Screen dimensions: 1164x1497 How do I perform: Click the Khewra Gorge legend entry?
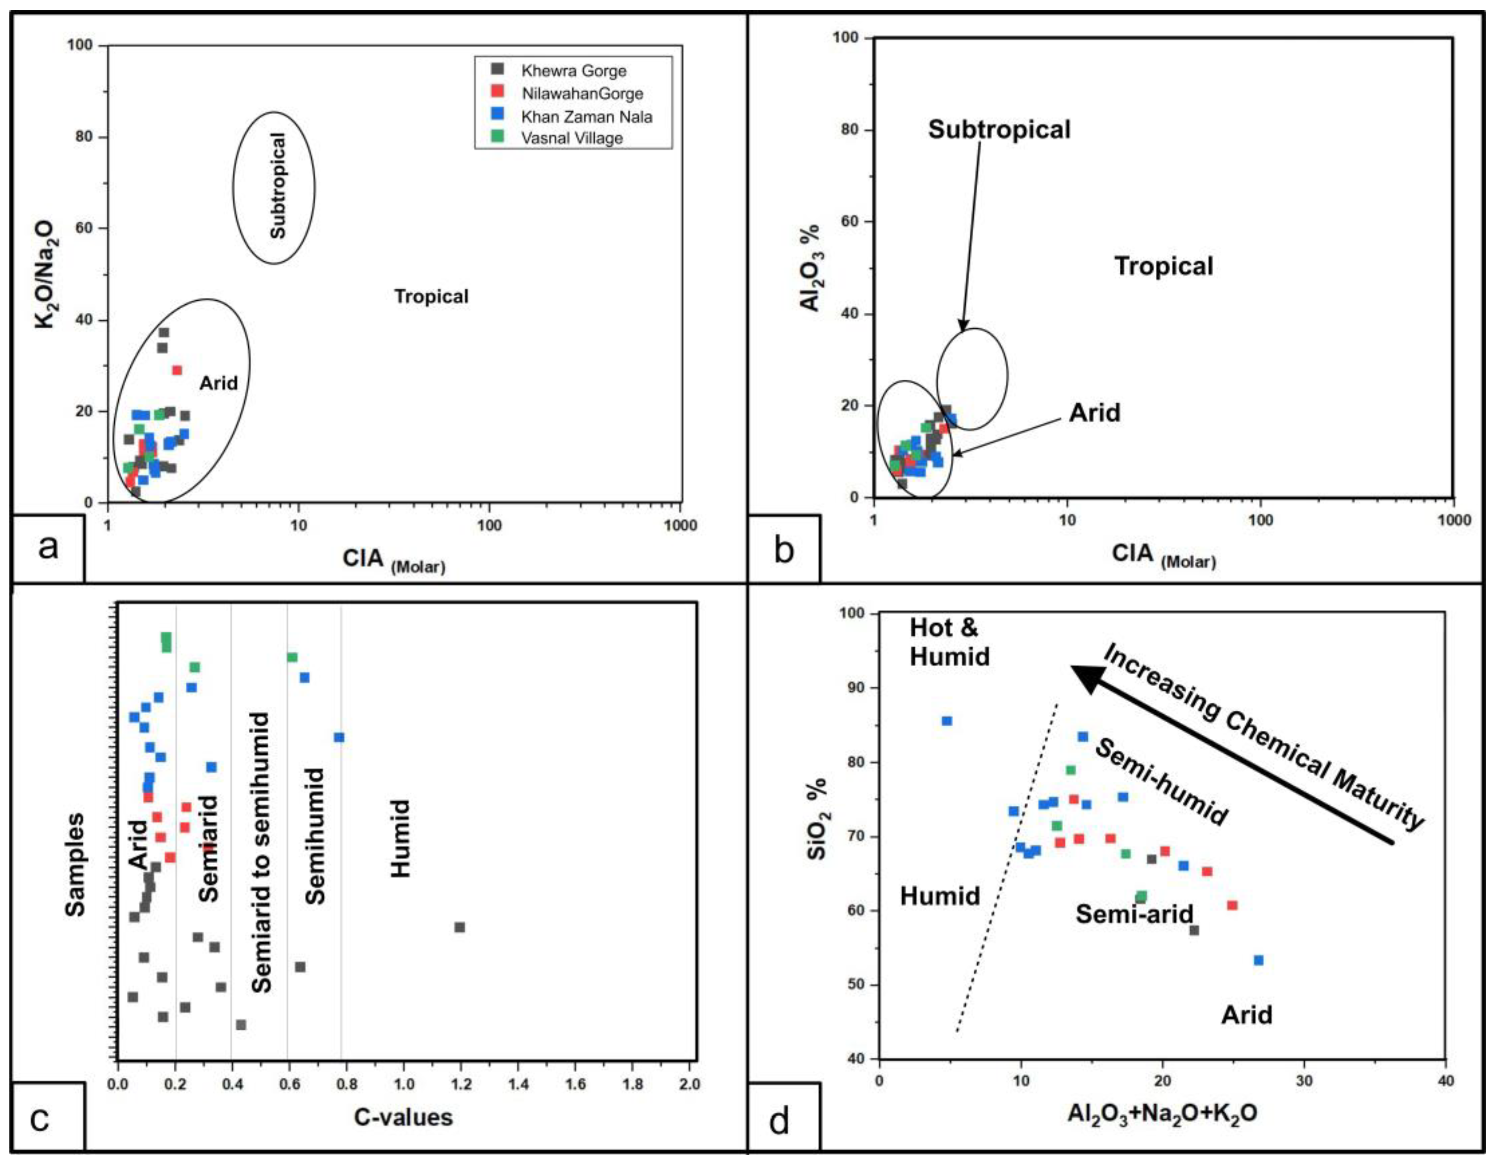point(573,70)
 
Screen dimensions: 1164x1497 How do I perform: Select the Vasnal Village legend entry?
point(571,138)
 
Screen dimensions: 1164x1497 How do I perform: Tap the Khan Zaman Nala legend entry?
point(586,116)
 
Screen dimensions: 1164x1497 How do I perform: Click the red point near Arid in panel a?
point(177,370)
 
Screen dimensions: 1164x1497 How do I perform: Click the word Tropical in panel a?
point(431,297)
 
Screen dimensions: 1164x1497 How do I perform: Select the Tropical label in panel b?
point(1163,266)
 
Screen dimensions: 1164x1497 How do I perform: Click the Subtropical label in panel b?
point(999,129)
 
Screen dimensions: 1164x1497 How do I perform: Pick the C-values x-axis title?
point(403,1118)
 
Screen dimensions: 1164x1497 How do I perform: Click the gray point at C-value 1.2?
point(459,927)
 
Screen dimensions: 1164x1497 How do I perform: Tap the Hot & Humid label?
point(949,642)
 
